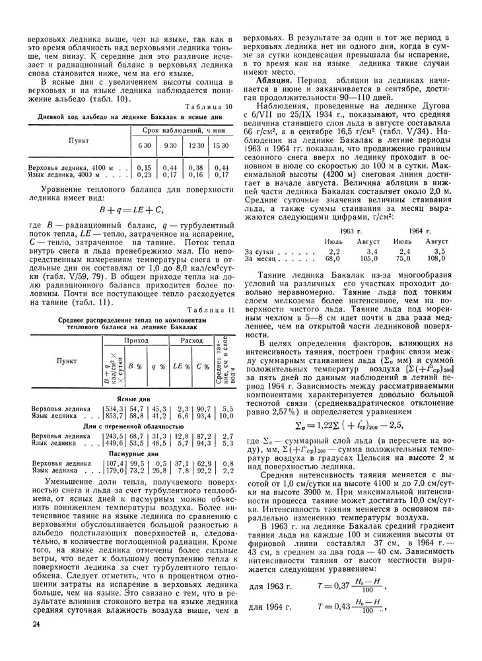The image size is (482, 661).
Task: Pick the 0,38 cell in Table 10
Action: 195,169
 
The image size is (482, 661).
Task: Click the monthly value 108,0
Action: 436,259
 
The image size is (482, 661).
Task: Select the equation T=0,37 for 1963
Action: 348,587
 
